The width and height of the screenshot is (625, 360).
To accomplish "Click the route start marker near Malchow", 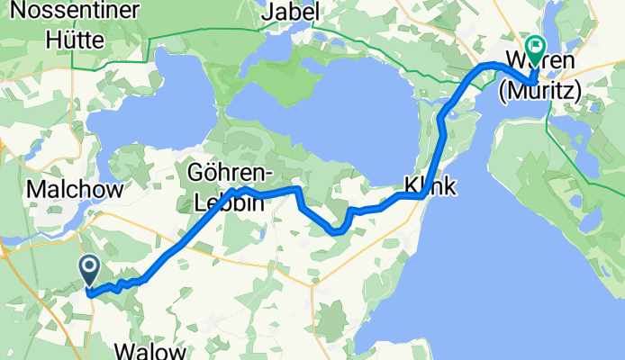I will [90, 267].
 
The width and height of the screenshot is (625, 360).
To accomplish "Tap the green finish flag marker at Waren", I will [536, 45].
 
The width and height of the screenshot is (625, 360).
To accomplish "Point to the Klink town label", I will [429, 186].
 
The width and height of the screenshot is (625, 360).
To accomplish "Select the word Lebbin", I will [230, 202].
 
